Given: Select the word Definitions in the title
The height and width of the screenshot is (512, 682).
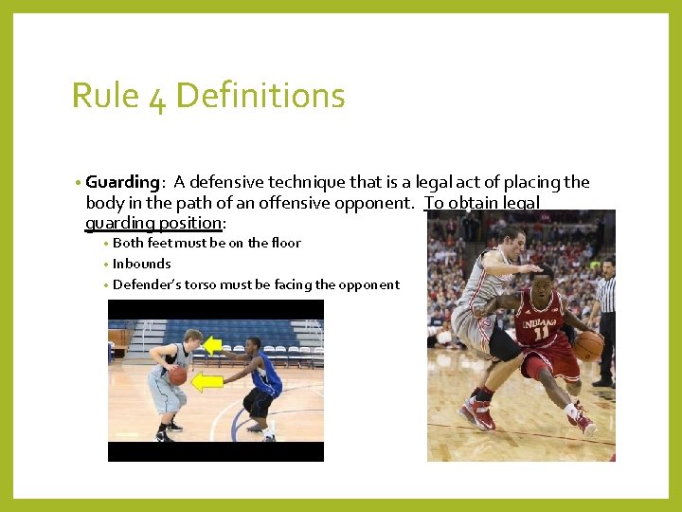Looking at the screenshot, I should (x=260, y=96).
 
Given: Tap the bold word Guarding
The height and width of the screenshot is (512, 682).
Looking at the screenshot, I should (x=121, y=182).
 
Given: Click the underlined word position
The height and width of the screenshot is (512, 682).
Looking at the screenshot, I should (x=190, y=223).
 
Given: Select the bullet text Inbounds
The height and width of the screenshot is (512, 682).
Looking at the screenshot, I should (x=142, y=264).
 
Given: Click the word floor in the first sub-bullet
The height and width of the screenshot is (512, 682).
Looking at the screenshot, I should (x=283, y=243).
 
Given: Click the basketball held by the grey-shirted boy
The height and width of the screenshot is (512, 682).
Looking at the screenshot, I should (x=178, y=375).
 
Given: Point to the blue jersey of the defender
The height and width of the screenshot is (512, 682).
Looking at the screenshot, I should (x=267, y=374).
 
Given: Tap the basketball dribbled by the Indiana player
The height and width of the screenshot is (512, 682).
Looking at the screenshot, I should (x=587, y=345).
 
